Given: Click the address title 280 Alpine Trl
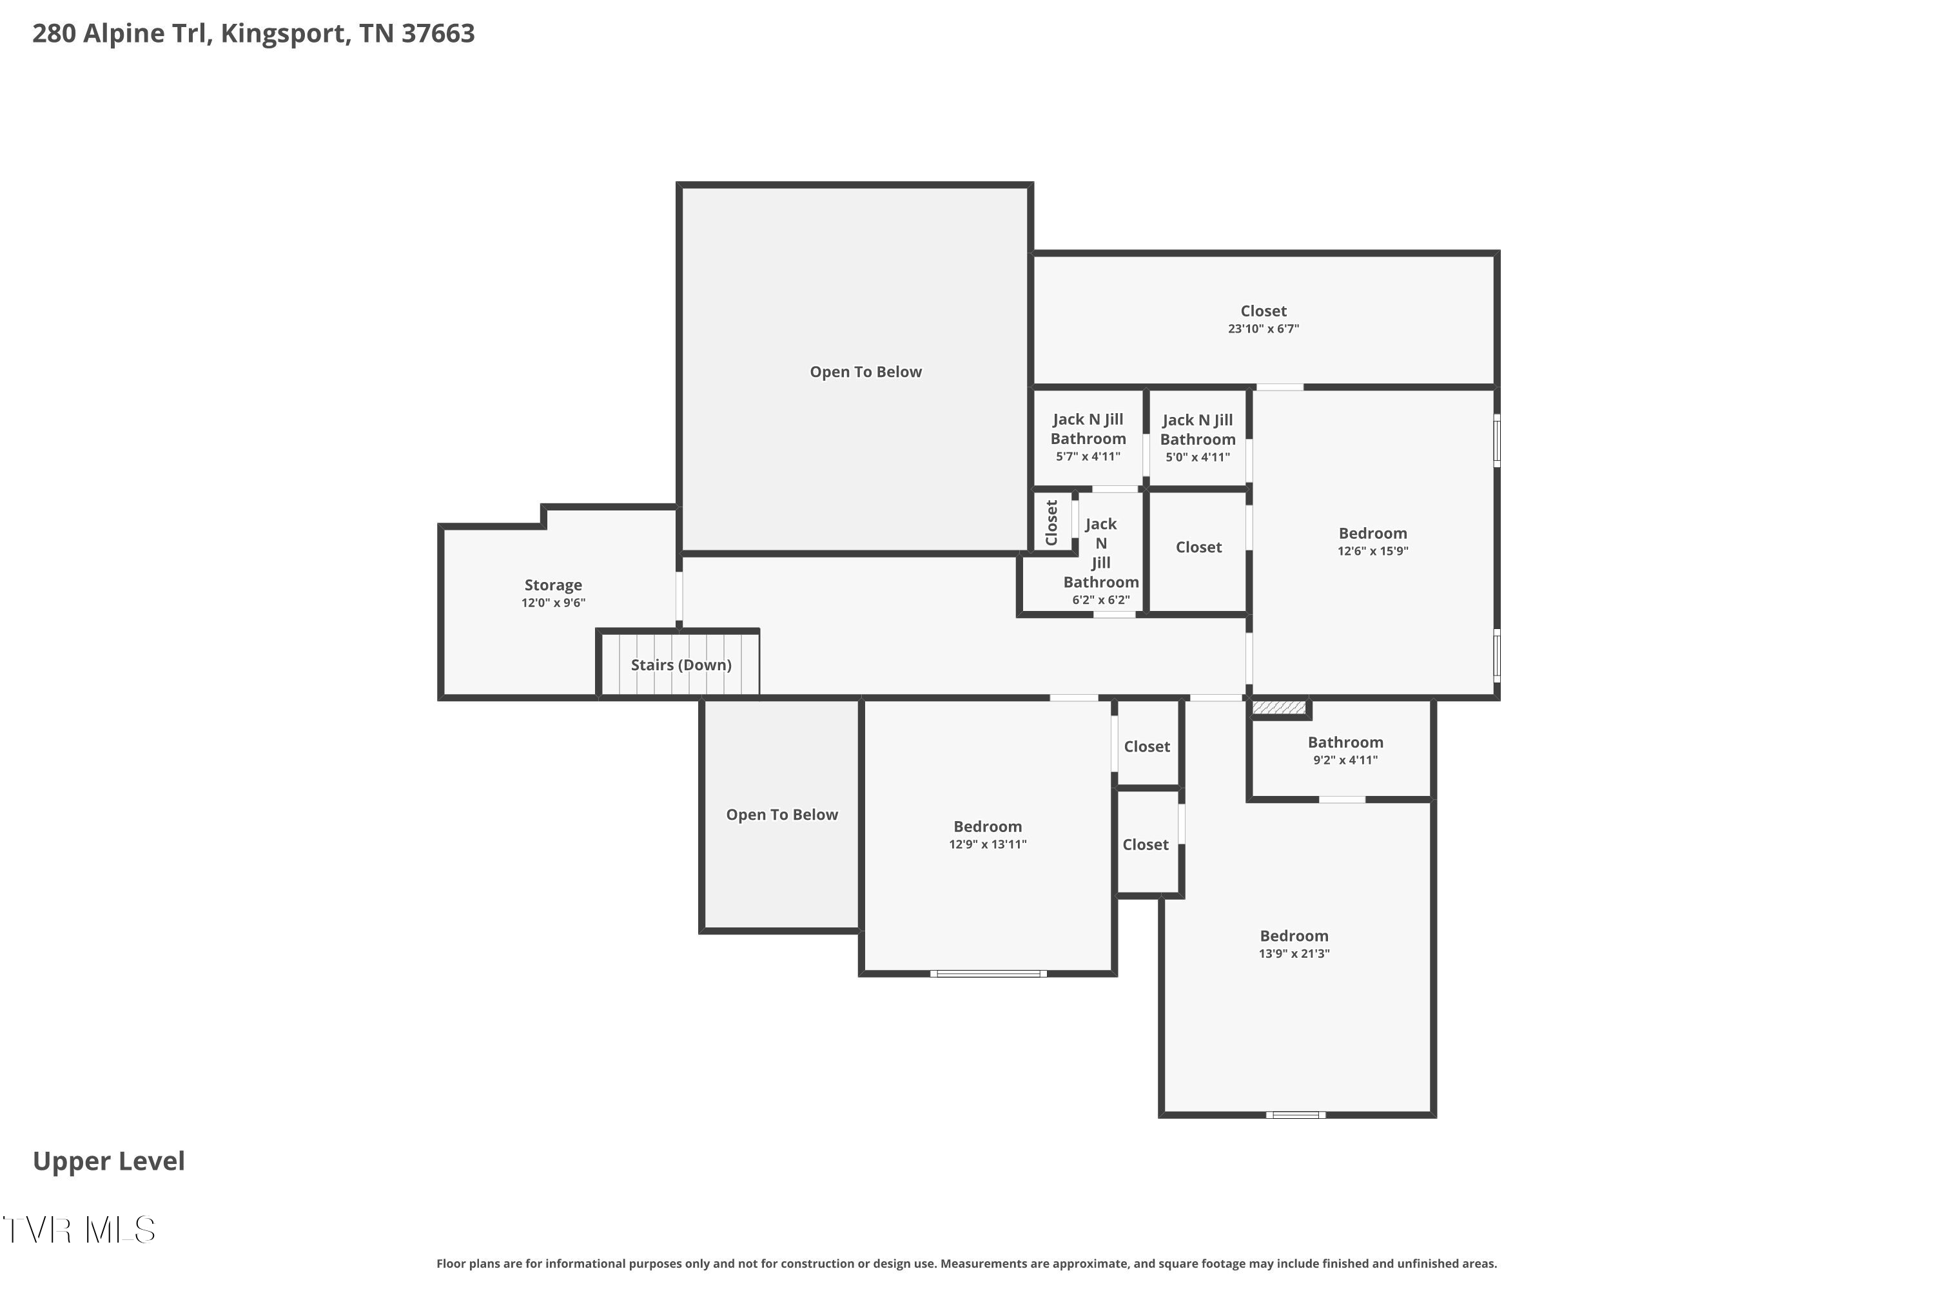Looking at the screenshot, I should click(x=253, y=34).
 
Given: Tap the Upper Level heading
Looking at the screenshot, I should click(x=108, y=1161).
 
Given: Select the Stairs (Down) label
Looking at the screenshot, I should click(x=681, y=665).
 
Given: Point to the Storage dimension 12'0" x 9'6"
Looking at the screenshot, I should click(x=552, y=603).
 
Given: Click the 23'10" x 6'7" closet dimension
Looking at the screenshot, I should click(x=1263, y=329).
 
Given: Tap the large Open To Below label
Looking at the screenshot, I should click(x=865, y=372).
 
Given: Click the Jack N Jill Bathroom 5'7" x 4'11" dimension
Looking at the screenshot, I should click(x=1088, y=456).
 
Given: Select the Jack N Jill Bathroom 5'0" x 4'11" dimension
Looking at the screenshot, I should click(x=1197, y=457).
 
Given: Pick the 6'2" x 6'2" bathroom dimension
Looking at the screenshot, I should click(x=1100, y=600).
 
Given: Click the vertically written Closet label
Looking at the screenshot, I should click(x=1051, y=523).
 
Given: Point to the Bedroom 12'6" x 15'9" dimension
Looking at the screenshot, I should click(x=1372, y=551).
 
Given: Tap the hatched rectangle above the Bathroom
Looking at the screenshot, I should click(x=1278, y=708).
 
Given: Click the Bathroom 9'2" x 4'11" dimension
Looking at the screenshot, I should click(x=1345, y=761).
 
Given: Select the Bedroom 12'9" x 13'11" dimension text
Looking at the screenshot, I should click(x=988, y=844).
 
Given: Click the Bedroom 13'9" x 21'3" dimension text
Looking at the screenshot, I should click(x=1293, y=954).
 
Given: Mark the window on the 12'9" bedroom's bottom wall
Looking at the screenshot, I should click(x=988, y=974).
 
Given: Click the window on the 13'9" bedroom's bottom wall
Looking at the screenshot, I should click(x=1295, y=1115).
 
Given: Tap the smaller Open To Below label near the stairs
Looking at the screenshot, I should click(x=781, y=815).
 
